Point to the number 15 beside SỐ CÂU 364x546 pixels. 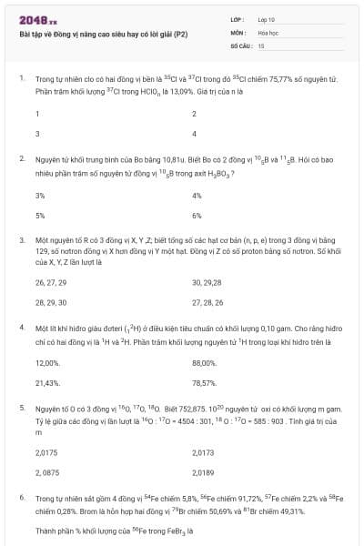[261, 44]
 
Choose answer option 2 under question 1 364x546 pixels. [195, 114]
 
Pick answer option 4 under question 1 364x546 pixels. [195, 134]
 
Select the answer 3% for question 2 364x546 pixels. [40, 196]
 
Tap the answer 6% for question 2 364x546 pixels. [197, 216]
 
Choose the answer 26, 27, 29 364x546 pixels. [50, 282]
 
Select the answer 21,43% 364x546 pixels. [47, 383]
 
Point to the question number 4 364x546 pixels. [21, 326]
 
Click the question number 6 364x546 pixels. [21, 499]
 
